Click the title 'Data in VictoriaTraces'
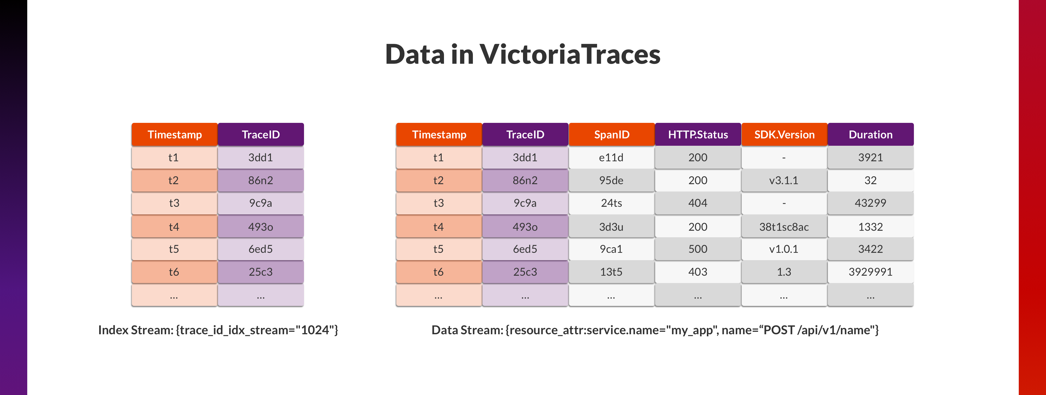click(x=523, y=54)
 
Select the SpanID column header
click(x=612, y=134)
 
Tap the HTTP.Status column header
click(x=698, y=134)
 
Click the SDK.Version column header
click(x=784, y=134)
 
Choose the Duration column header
click(x=871, y=134)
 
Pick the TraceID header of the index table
click(x=261, y=134)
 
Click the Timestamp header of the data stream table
click(x=439, y=134)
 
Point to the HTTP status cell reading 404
click(x=698, y=203)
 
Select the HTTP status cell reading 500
click(x=698, y=249)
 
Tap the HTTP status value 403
click(x=698, y=272)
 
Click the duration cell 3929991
click(x=871, y=272)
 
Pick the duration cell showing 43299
click(x=871, y=203)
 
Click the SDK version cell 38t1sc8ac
click(x=784, y=227)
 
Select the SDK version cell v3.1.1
click(x=784, y=180)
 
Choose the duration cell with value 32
click(x=871, y=180)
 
